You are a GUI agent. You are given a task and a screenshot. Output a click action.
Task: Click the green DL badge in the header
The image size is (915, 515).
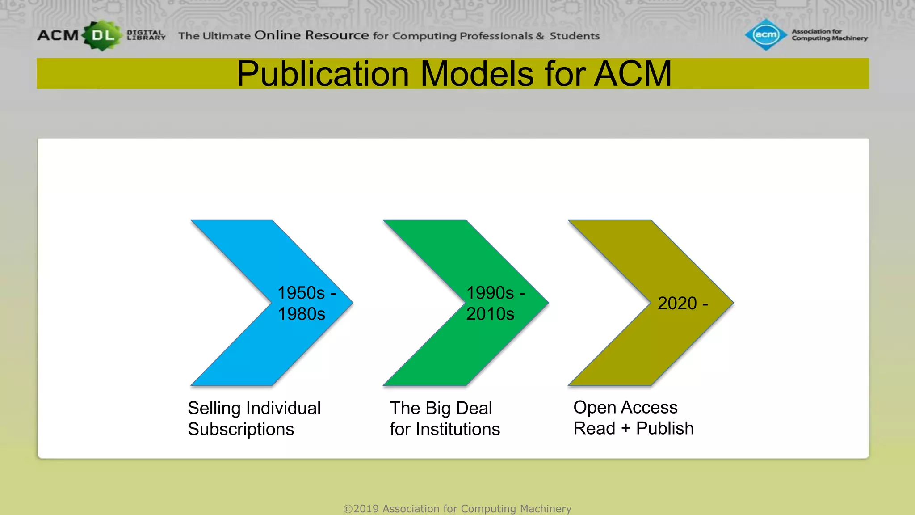point(102,35)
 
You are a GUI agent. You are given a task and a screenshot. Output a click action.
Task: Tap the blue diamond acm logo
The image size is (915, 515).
point(766,34)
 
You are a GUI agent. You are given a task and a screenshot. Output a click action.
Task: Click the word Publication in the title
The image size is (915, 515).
point(323,74)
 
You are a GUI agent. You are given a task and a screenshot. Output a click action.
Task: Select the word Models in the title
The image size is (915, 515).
point(477,74)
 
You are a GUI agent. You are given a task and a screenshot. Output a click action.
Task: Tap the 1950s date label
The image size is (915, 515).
point(301,293)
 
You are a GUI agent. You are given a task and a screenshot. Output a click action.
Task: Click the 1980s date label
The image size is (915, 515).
point(302,314)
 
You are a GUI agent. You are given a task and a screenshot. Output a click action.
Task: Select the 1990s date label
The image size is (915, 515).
point(490,293)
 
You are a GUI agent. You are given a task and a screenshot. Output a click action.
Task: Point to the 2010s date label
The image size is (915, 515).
point(490,314)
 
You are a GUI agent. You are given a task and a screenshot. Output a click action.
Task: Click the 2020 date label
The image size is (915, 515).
point(677,304)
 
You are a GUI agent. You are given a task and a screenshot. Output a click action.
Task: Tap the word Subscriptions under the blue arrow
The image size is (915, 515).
point(241,430)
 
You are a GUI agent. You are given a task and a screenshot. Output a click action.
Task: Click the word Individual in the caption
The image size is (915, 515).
point(283,408)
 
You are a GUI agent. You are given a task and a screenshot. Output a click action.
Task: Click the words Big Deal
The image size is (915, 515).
point(459,409)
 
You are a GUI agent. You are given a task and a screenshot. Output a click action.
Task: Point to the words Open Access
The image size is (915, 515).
point(625,408)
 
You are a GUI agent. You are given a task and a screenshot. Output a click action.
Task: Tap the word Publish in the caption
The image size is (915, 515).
point(665,429)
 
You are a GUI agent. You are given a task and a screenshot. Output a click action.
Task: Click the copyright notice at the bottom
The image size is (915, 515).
point(457,509)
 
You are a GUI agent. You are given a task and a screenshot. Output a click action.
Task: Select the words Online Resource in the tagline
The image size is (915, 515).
point(311,35)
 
